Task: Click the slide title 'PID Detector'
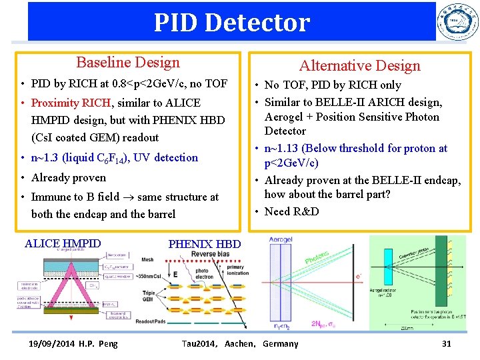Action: tap(231, 23)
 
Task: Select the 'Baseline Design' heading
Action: tap(128, 63)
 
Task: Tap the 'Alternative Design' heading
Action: tap(359, 65)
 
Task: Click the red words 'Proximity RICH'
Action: tap(72, 103)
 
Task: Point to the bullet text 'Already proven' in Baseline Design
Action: tap(68, 177)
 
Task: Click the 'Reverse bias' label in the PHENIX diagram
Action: tap(213, 253)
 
